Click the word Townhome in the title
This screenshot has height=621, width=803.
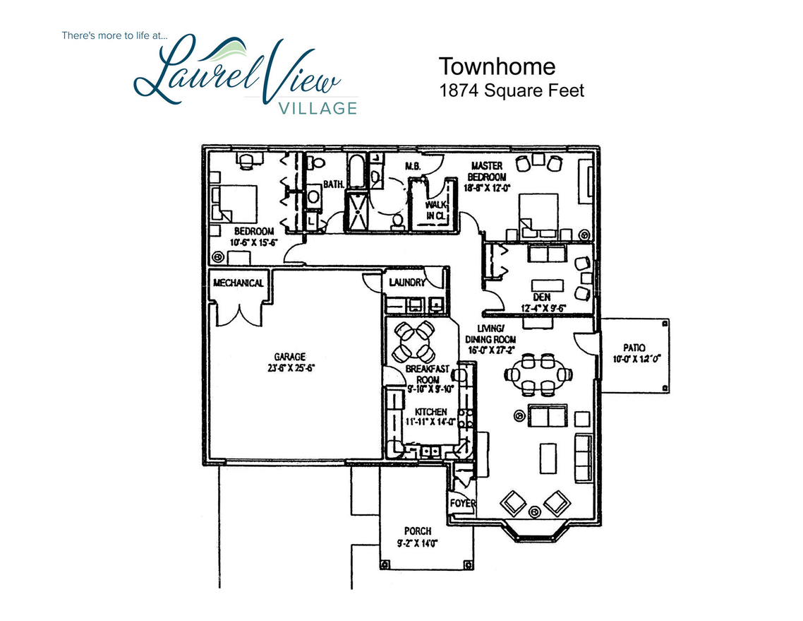pos(497,66)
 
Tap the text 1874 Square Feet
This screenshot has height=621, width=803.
pos(512,90)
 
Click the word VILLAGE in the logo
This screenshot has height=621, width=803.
pos(318,107)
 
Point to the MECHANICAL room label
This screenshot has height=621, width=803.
pos(239,283)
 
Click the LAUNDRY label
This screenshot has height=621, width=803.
pos(407,283)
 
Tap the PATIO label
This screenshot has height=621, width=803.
pos(634,347)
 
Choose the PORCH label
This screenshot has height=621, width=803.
pos(417,531)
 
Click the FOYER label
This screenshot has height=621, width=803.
pos(462,504)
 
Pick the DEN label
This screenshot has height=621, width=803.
pos(541,297)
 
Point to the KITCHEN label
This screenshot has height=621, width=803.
pos(430,412)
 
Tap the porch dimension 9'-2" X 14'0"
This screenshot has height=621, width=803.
pos(417,543)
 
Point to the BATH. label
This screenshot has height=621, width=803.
pos(333,184)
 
